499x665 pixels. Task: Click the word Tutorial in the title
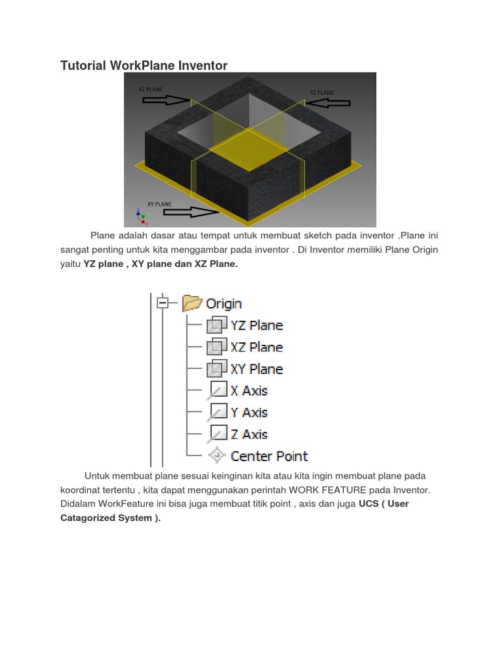pos(83,65)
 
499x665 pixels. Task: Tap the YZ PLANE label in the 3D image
pos(322,93)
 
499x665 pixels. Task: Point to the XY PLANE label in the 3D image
pos(160,203)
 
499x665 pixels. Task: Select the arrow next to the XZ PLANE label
pos(165,100)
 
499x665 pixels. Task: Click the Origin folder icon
pos(192,303)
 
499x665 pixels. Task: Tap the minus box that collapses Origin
pos(162,303)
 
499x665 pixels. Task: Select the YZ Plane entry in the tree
pos(257,325)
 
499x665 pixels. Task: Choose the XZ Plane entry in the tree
pos(257,347)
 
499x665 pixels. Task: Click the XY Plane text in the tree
pos(257,369)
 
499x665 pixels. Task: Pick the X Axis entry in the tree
pos(249,391)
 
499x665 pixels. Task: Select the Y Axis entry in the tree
pos(249,412)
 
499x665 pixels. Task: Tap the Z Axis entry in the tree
pos(249,434)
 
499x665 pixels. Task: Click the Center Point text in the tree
pos(269,456)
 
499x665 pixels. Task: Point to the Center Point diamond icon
pos(216,456)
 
